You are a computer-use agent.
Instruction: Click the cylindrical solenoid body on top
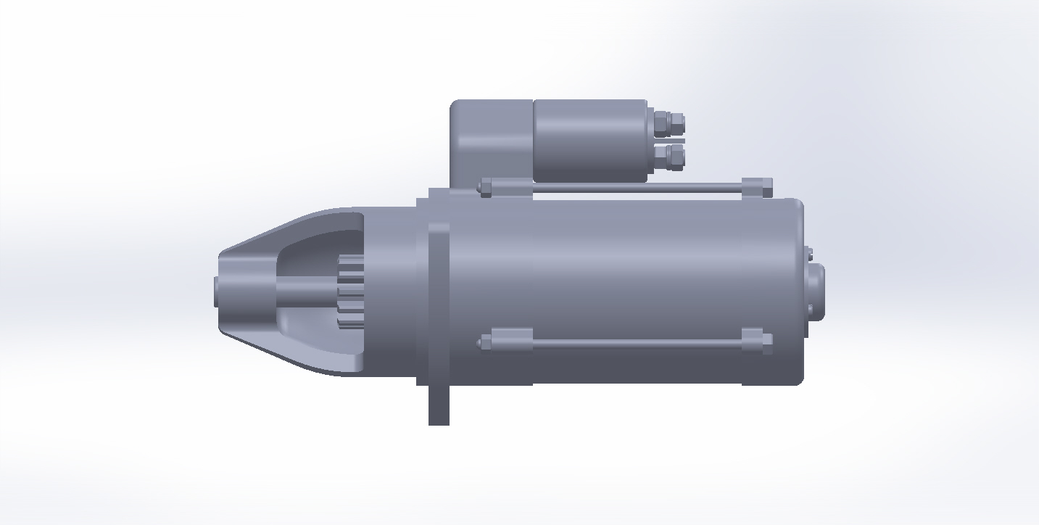point(589,141)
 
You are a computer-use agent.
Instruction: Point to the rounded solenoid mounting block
point(491,141)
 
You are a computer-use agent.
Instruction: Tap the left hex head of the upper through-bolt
point(485,188)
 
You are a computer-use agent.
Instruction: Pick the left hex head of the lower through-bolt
point(485,342)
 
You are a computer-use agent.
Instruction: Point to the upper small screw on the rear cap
point(809,254)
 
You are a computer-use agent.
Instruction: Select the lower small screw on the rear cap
point(809,310)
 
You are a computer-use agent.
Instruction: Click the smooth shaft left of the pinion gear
point(306,292)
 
